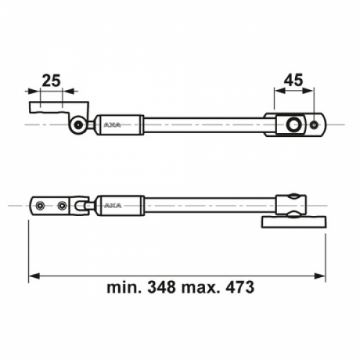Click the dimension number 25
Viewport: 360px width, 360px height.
(x=51, y=80)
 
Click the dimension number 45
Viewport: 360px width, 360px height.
(x=293, y=80)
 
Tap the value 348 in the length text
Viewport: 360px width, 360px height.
(x=161, y=287)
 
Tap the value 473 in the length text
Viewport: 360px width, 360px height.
(x=240, y=287)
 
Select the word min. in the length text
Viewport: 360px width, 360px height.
(x=124, y=287)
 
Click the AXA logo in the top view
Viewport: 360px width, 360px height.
(x=112, y=125)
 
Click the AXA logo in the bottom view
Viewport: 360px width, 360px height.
(x=113, y=205)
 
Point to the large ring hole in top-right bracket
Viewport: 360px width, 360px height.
(x=293, y=125)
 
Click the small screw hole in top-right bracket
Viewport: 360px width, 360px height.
(x=314, y=125)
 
